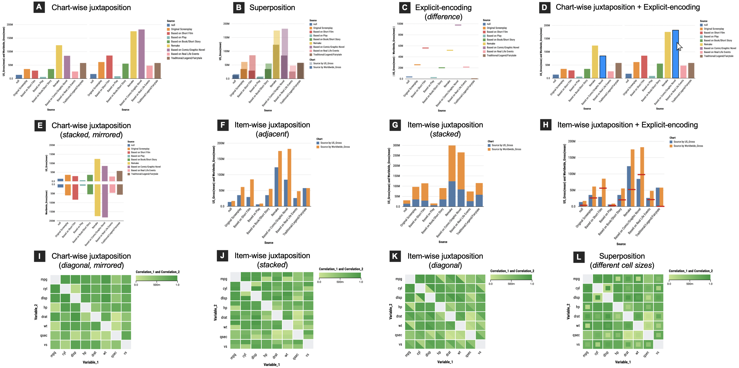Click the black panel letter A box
pyautogui.click(x=39, y=7)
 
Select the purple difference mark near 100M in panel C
pyautogui.click(x=458, y=25)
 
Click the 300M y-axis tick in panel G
pyautogui.click(x=396, y=145)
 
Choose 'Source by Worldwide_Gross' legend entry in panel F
pyautogui.click(x=335, y=147)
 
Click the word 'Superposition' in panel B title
pyautogui.click(x=272, y=7)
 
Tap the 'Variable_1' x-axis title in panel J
pyautogui.click(x=271, y=365)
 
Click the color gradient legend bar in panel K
pyautogui.click(x=511, y=277)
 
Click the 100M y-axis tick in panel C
pyautogui.click(x=400, y=24)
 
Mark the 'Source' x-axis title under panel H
pyautogui.click(x=621, y=244)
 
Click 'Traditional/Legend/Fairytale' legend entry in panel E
pyautogui.click(x=144, y=174)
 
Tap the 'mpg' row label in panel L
pyautogui.click(x=576, y=279)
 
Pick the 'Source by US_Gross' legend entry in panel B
pyautogui.click(x=323, y=64)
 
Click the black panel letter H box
pyautogui.click(x=545, y=125)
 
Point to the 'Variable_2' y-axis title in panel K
pyautogui.click(x=390, y=312)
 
